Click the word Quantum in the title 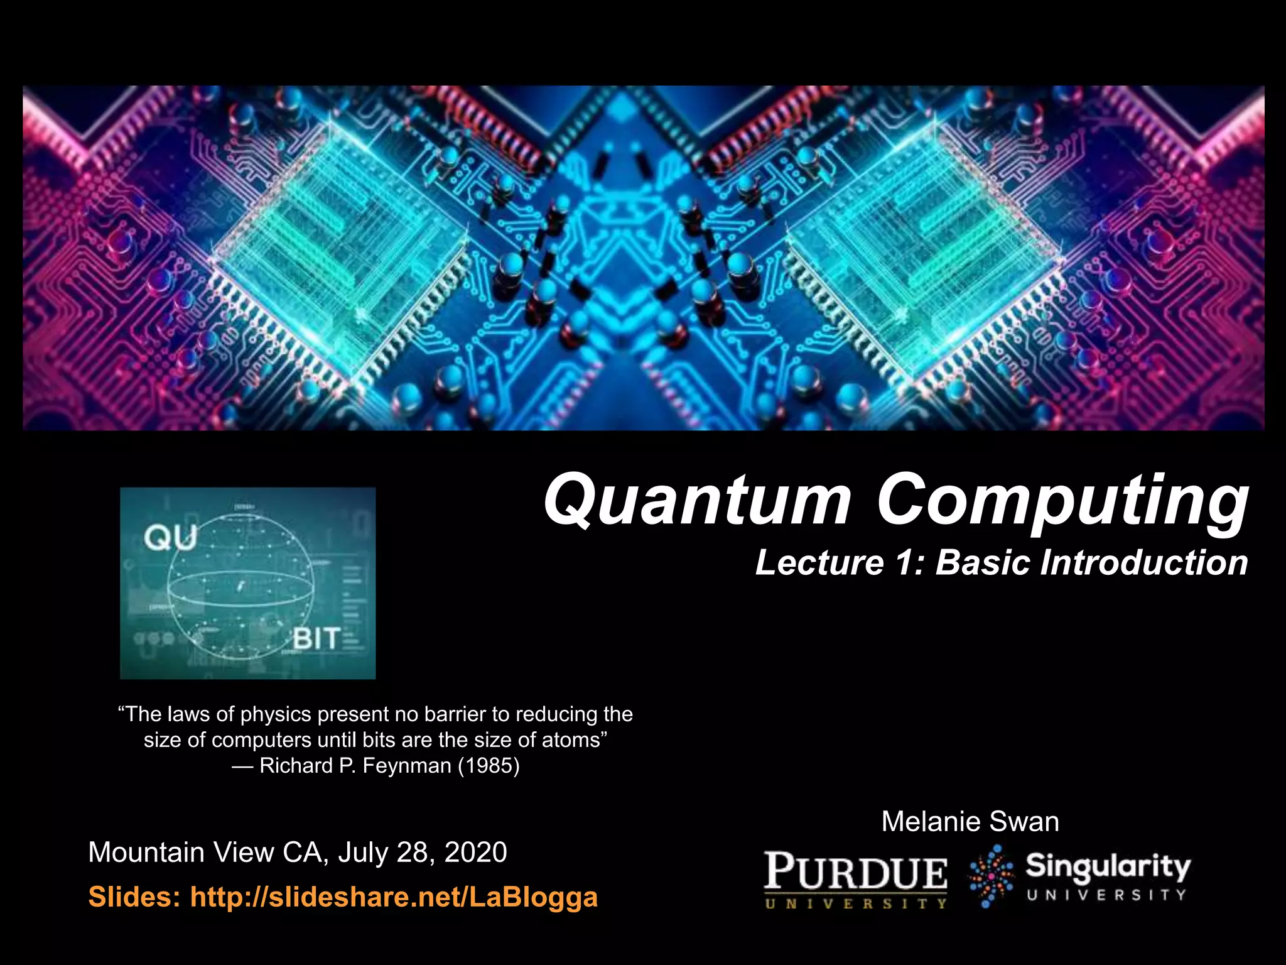pyautogui.click(x=697, y=501)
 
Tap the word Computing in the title pyautogui.click(x=1061, y=501)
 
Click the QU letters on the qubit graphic pyautogui.click(x=170, y=538)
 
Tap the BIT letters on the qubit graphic pyautogui.click(x=316, y=639)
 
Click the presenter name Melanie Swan pyautogui.click(x=970, y=822)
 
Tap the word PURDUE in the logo pyautogui.click(x=856, y=872)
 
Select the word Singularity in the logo pyautogui.click(x=1108, y=867)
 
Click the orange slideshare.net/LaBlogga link pyautogui.click(x=394, y=897)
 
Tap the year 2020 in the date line pyautogui.click(x=475, y=853)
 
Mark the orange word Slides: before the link pyautogui.click(x=134, y=897)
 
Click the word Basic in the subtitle pyautogui.click(x=983, y=562)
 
